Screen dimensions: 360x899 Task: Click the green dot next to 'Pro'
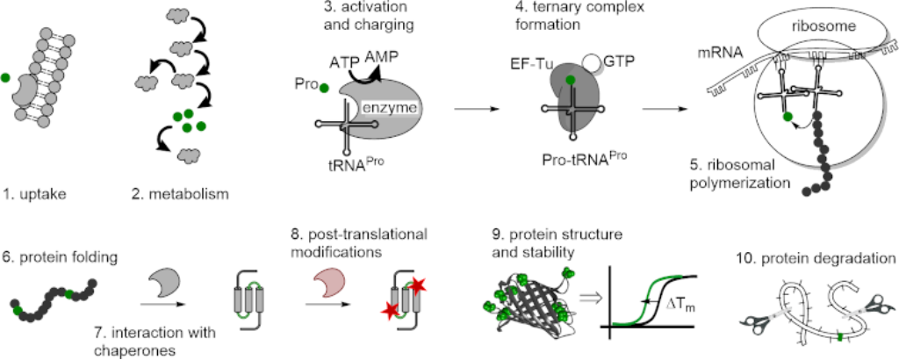[x=324, y=88]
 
